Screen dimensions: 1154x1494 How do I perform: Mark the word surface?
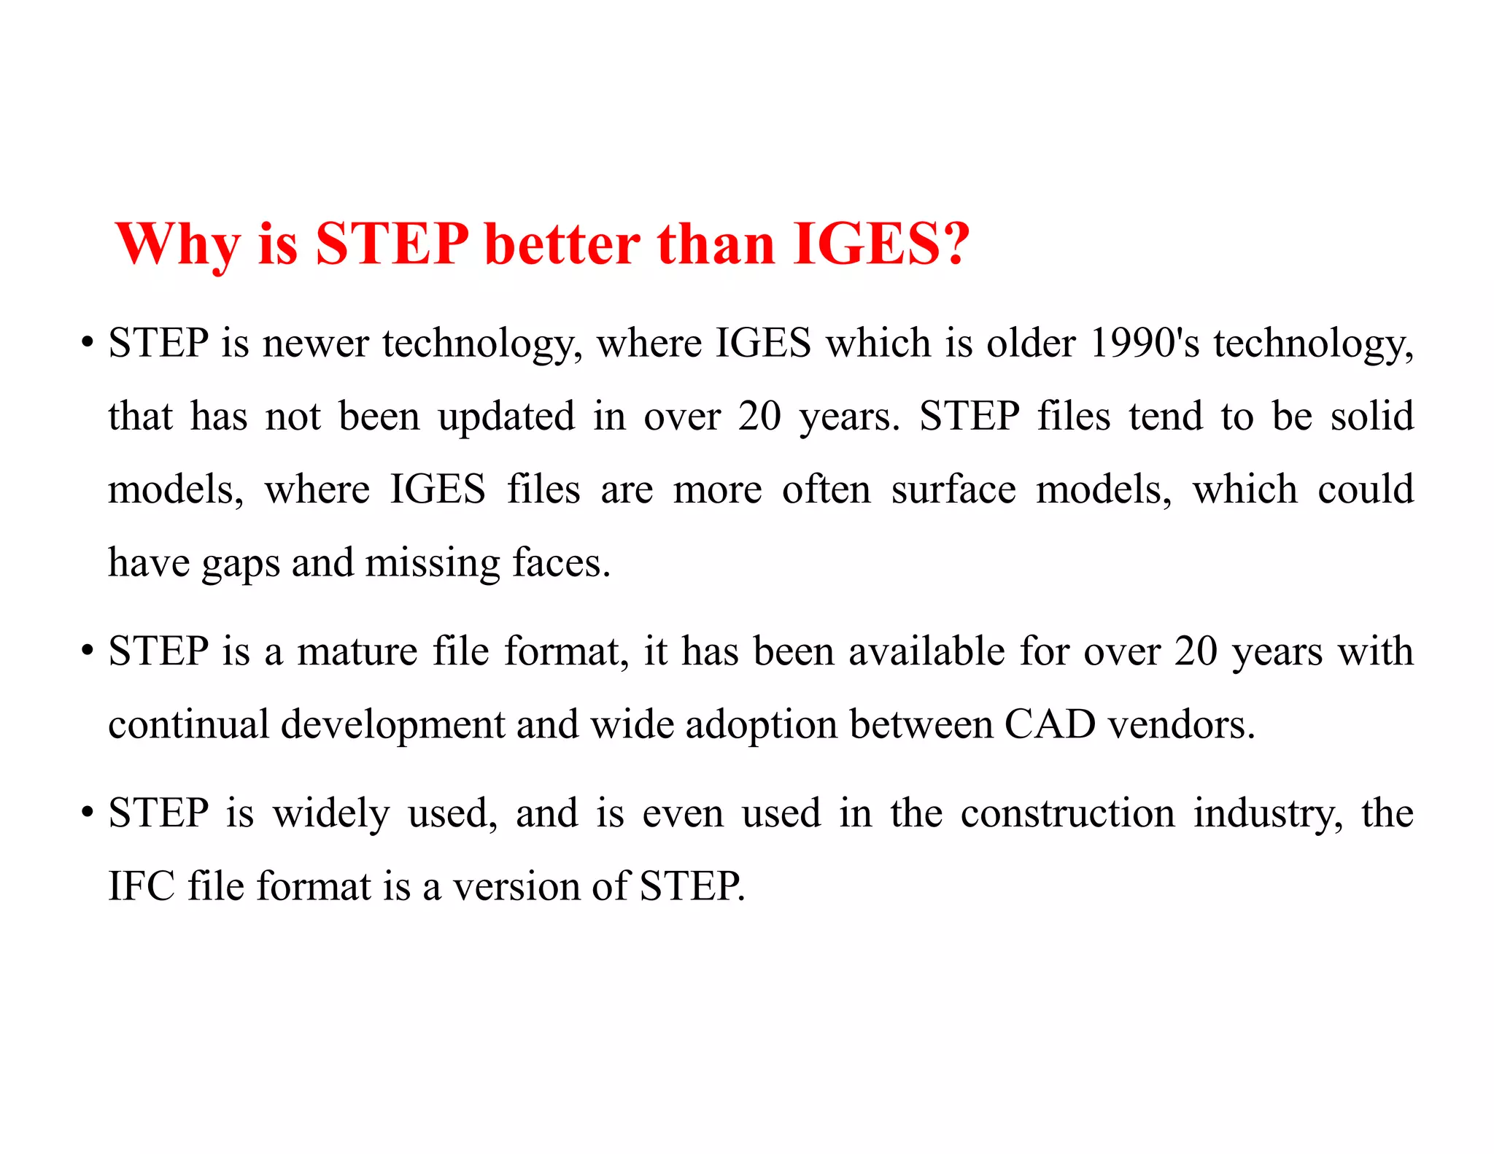click(x=953, y=489)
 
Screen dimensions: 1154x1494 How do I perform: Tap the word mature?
click(x=357, y=651)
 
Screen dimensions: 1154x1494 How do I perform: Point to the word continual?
click(x=188, y=724)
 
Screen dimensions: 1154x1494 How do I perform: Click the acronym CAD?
click(x=1050, y=724)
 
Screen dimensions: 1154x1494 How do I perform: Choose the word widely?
click(x=331, y=814)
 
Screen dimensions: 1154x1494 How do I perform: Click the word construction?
click(x=1067, y=813)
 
